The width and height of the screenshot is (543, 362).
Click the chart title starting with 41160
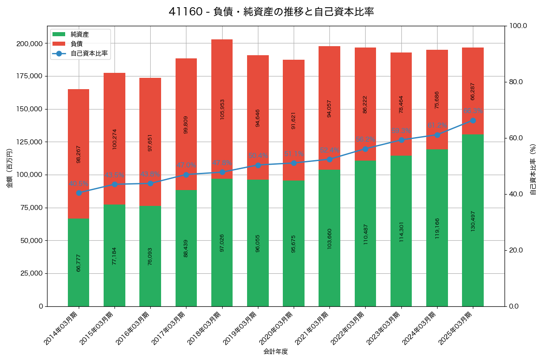271,12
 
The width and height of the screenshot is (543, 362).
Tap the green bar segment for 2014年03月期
79,262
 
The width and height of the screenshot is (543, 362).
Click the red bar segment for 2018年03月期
222,109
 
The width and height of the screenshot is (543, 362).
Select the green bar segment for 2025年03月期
473,220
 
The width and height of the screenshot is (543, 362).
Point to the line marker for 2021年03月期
329,159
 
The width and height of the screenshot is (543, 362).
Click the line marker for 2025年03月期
473,120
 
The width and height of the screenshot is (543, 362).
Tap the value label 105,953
222,109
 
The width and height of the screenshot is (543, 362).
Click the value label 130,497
473,221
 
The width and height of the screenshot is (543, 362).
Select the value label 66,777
79,262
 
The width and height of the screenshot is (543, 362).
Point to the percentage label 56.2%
365,139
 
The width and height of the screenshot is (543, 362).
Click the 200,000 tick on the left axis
29,43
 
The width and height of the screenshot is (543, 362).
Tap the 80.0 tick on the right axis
516,82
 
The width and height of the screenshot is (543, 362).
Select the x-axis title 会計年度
276,351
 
